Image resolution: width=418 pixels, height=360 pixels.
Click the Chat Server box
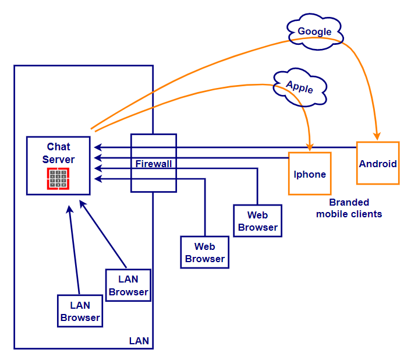point(58,165)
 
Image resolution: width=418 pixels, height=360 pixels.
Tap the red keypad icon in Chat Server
point(58,179)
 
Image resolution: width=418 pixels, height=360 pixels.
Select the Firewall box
point(154,163)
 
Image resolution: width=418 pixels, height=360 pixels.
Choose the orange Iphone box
point(310,174)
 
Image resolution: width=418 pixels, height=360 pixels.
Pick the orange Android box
point(378,163)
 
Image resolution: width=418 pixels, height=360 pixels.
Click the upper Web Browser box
point(257,221)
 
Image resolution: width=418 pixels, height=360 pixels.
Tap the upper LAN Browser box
point(128,285)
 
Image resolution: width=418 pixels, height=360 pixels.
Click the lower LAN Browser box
point(80,311)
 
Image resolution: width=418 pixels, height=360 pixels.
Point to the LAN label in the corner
point(139,340)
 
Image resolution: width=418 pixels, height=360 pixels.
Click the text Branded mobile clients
point(349,209)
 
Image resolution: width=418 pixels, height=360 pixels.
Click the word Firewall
point(154,164)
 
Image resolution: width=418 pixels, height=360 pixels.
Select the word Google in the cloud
point(314,31)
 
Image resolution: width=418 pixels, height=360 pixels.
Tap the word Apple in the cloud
point(299,87)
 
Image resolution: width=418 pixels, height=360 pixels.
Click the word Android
point(378,164)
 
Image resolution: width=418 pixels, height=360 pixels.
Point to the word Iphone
point(310,174)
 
